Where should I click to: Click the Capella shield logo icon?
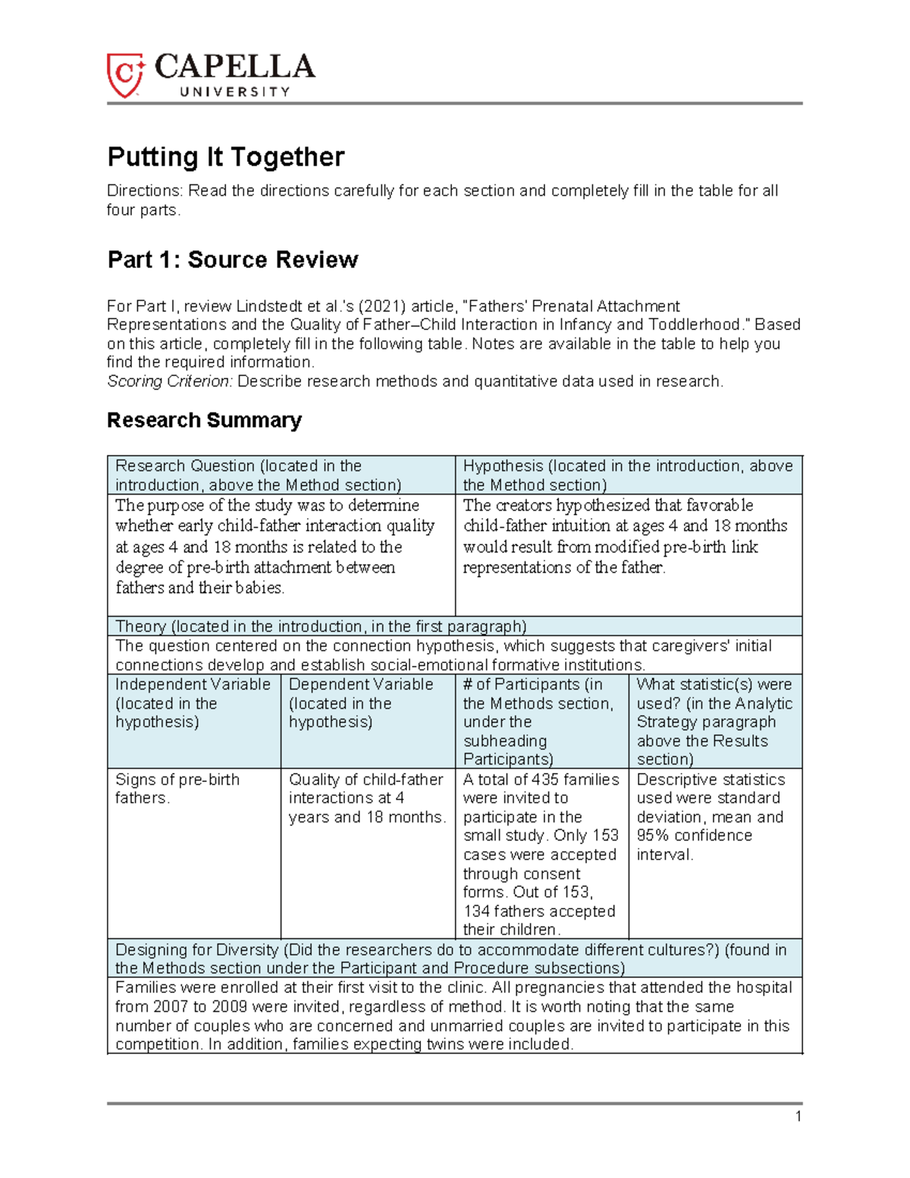tap(125, 75)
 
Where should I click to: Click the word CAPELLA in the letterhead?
tap(234, 68)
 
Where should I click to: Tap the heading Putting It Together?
tap(226, 157)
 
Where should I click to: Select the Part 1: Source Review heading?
tap(232, 259)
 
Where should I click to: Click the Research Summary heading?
tap(204, 420)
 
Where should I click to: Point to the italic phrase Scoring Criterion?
tap(169, 382)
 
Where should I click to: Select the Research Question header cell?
tap(281, 476)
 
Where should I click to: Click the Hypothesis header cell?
tap(628, 476)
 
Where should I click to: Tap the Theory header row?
tap(454, 627)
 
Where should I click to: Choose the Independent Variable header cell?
tap(193, 721)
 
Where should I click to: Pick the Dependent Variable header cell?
tap(367, 721)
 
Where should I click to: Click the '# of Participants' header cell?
tap(541, 721)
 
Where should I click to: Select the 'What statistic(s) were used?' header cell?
tap(714, 721)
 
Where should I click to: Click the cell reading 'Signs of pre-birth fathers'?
tap(177, 789)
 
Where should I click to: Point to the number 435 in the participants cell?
tap(545, 780)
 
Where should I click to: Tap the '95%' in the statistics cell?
tap(654, 836)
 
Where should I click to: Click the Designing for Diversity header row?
tap(454, 959)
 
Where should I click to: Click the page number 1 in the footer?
tap(798, 1116)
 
